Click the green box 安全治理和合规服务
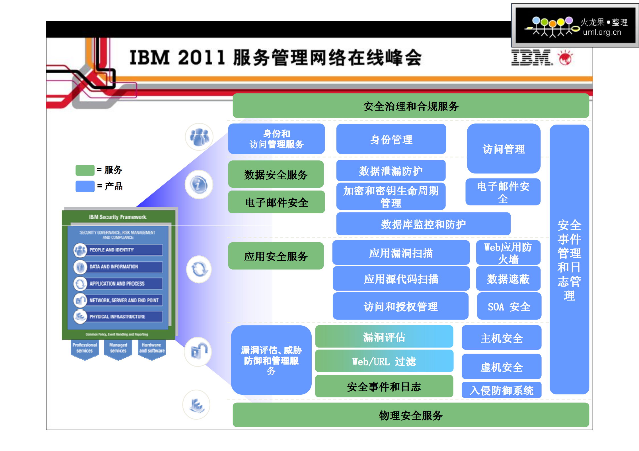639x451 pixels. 410,106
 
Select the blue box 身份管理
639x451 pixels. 391,139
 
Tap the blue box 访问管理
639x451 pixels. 504,149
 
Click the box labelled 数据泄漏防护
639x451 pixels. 391,171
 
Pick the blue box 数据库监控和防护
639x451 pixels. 423,224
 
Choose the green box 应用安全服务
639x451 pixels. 276,256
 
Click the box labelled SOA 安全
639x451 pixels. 509,306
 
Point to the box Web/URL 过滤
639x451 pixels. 384,361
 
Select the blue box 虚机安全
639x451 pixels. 502,367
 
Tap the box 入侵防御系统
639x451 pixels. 502,390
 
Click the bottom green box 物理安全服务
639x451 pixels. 410,415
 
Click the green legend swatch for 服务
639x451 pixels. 85,170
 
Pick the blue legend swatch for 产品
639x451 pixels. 85,186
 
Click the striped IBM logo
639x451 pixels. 531,58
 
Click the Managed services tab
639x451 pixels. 118,348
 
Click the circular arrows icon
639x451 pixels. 199,269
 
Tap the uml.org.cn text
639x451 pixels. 602,32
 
